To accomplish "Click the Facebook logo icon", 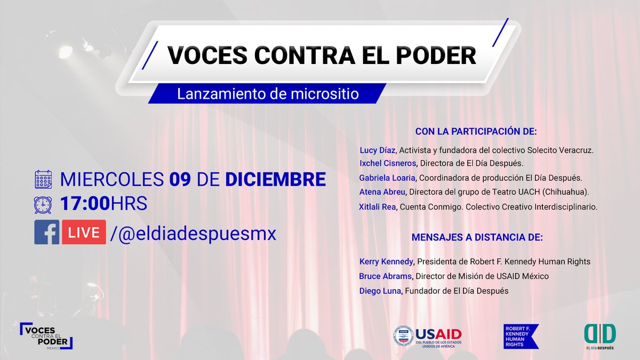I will click(x=46, y=233).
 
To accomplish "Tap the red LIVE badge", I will click(x=84, y=233).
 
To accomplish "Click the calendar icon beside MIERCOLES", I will click(x=43, y=179).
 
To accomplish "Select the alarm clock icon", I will click(x=43, y=204).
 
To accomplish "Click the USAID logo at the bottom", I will click(x=427, y=337).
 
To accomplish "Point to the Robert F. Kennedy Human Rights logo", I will click(x=521, y=337).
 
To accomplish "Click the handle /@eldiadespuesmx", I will click(x=193, y=233).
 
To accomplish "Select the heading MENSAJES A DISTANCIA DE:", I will click(x=477, y=237).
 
